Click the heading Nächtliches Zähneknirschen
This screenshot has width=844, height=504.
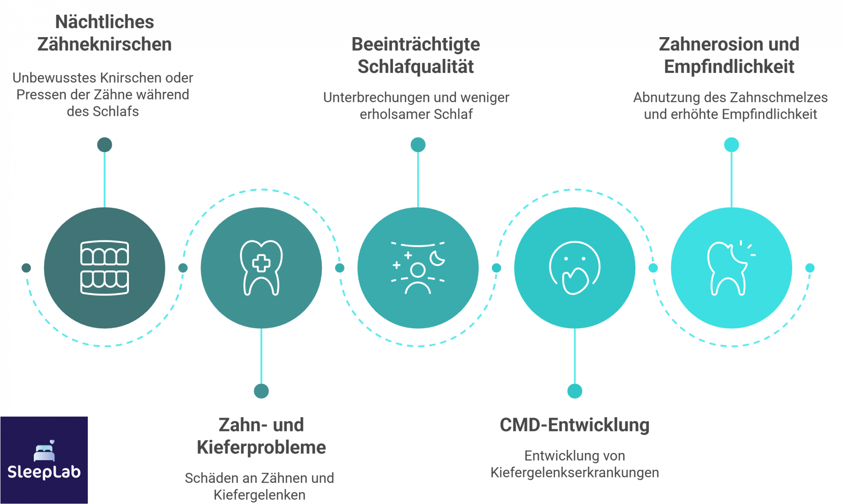(x=104, y=33)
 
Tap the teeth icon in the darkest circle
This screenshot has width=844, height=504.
(x=104, y=268)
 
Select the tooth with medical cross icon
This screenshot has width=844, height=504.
(x=261, y=268)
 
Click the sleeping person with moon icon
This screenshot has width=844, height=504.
(x=418, y=268)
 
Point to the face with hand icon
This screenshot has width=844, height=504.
(x=575, y=268)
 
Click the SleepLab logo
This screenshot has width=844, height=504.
(x=44, y=460)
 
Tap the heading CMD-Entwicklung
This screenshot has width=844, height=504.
(x=575, y=425)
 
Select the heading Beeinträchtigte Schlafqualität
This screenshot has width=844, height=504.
(x=416, y=56)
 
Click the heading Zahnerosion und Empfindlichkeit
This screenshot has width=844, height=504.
(x=729, y=56)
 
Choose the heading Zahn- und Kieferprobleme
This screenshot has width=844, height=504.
(x=261, y=436)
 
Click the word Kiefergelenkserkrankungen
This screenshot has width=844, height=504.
(x=575, y=473)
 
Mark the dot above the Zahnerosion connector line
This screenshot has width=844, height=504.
(x=732, y=145)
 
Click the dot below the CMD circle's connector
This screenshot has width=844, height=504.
(x=575, y=391)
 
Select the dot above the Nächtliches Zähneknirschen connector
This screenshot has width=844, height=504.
(x=105, y=145)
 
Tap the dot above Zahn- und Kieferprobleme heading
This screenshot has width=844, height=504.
(x=261, y=391)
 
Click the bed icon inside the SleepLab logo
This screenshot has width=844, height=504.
(x=44, y=451)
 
